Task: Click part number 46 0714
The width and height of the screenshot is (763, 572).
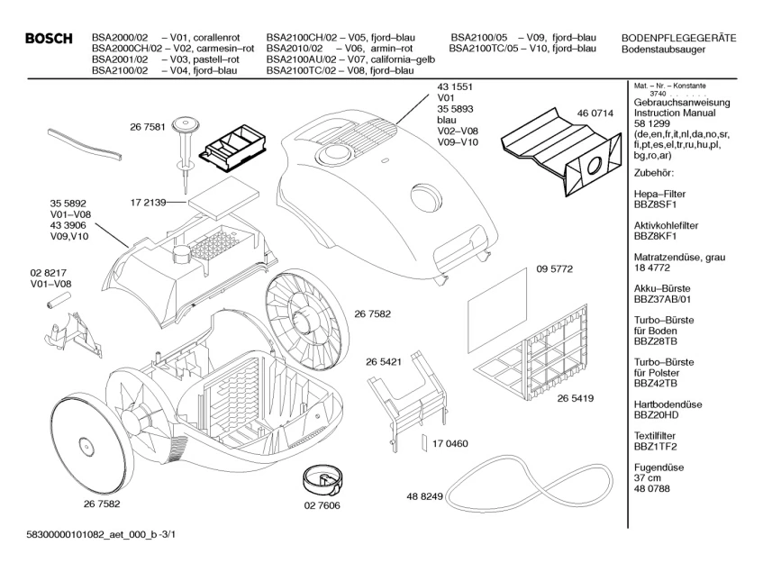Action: (x=595, y=113)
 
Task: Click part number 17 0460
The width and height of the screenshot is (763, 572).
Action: (x=450, y=444)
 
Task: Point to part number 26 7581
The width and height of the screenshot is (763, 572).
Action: (x=147, y=129)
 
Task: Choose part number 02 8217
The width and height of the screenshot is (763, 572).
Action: (x=50, y=272)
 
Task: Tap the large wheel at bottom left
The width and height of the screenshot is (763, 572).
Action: (x=84, y=438)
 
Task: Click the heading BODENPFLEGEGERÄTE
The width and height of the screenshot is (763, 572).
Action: (x=678, y=37)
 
